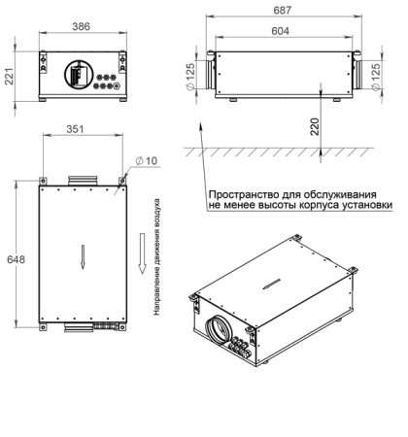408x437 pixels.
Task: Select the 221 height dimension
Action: click(x=9, y=73)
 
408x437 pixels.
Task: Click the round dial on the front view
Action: click(x=77, y=74)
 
